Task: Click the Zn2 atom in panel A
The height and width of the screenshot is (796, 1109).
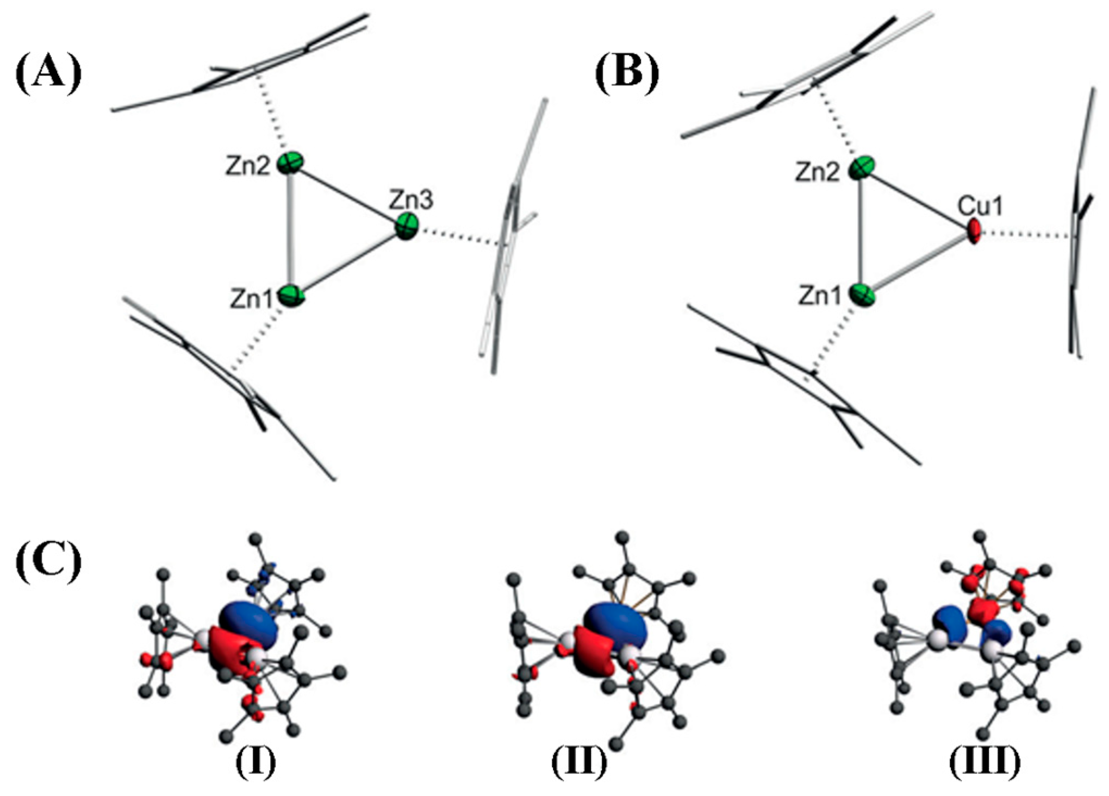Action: coord(290,162)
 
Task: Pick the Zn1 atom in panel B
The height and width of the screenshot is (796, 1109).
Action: coord(863,295)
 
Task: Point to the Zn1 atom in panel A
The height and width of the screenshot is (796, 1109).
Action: coord(292,296)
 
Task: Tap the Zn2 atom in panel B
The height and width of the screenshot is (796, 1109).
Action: coord(862,167)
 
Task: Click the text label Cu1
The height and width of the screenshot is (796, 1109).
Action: coord(980,206)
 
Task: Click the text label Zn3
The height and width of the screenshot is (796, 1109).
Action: coord(411,201)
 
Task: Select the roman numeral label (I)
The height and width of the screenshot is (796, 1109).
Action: coord(256,763)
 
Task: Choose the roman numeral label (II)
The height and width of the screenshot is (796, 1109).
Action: coord(578,763)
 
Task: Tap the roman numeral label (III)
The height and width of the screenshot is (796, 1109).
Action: coord(985,763)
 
